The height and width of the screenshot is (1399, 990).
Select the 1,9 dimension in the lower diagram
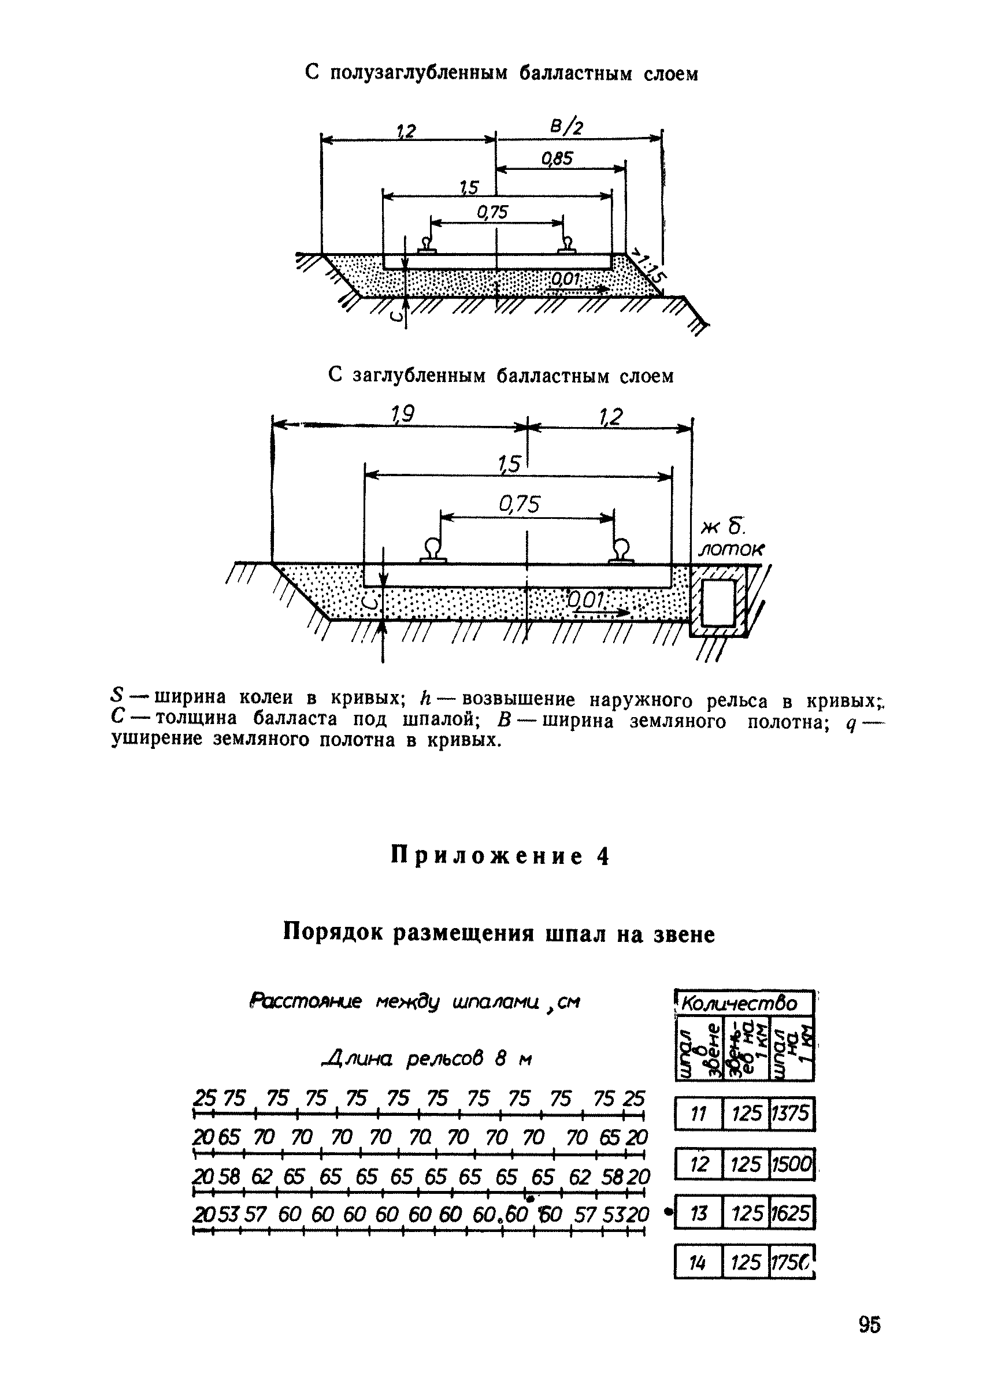[x=402, y=415]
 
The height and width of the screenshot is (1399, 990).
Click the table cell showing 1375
[x=791, y=1114]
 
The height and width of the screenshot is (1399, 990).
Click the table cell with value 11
[x=698, y=1114]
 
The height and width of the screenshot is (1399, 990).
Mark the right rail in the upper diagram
[x=568, y=246]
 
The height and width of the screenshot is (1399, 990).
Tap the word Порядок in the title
[x=333, y=934]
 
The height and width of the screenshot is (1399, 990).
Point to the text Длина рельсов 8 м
[x=425, y=1059]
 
